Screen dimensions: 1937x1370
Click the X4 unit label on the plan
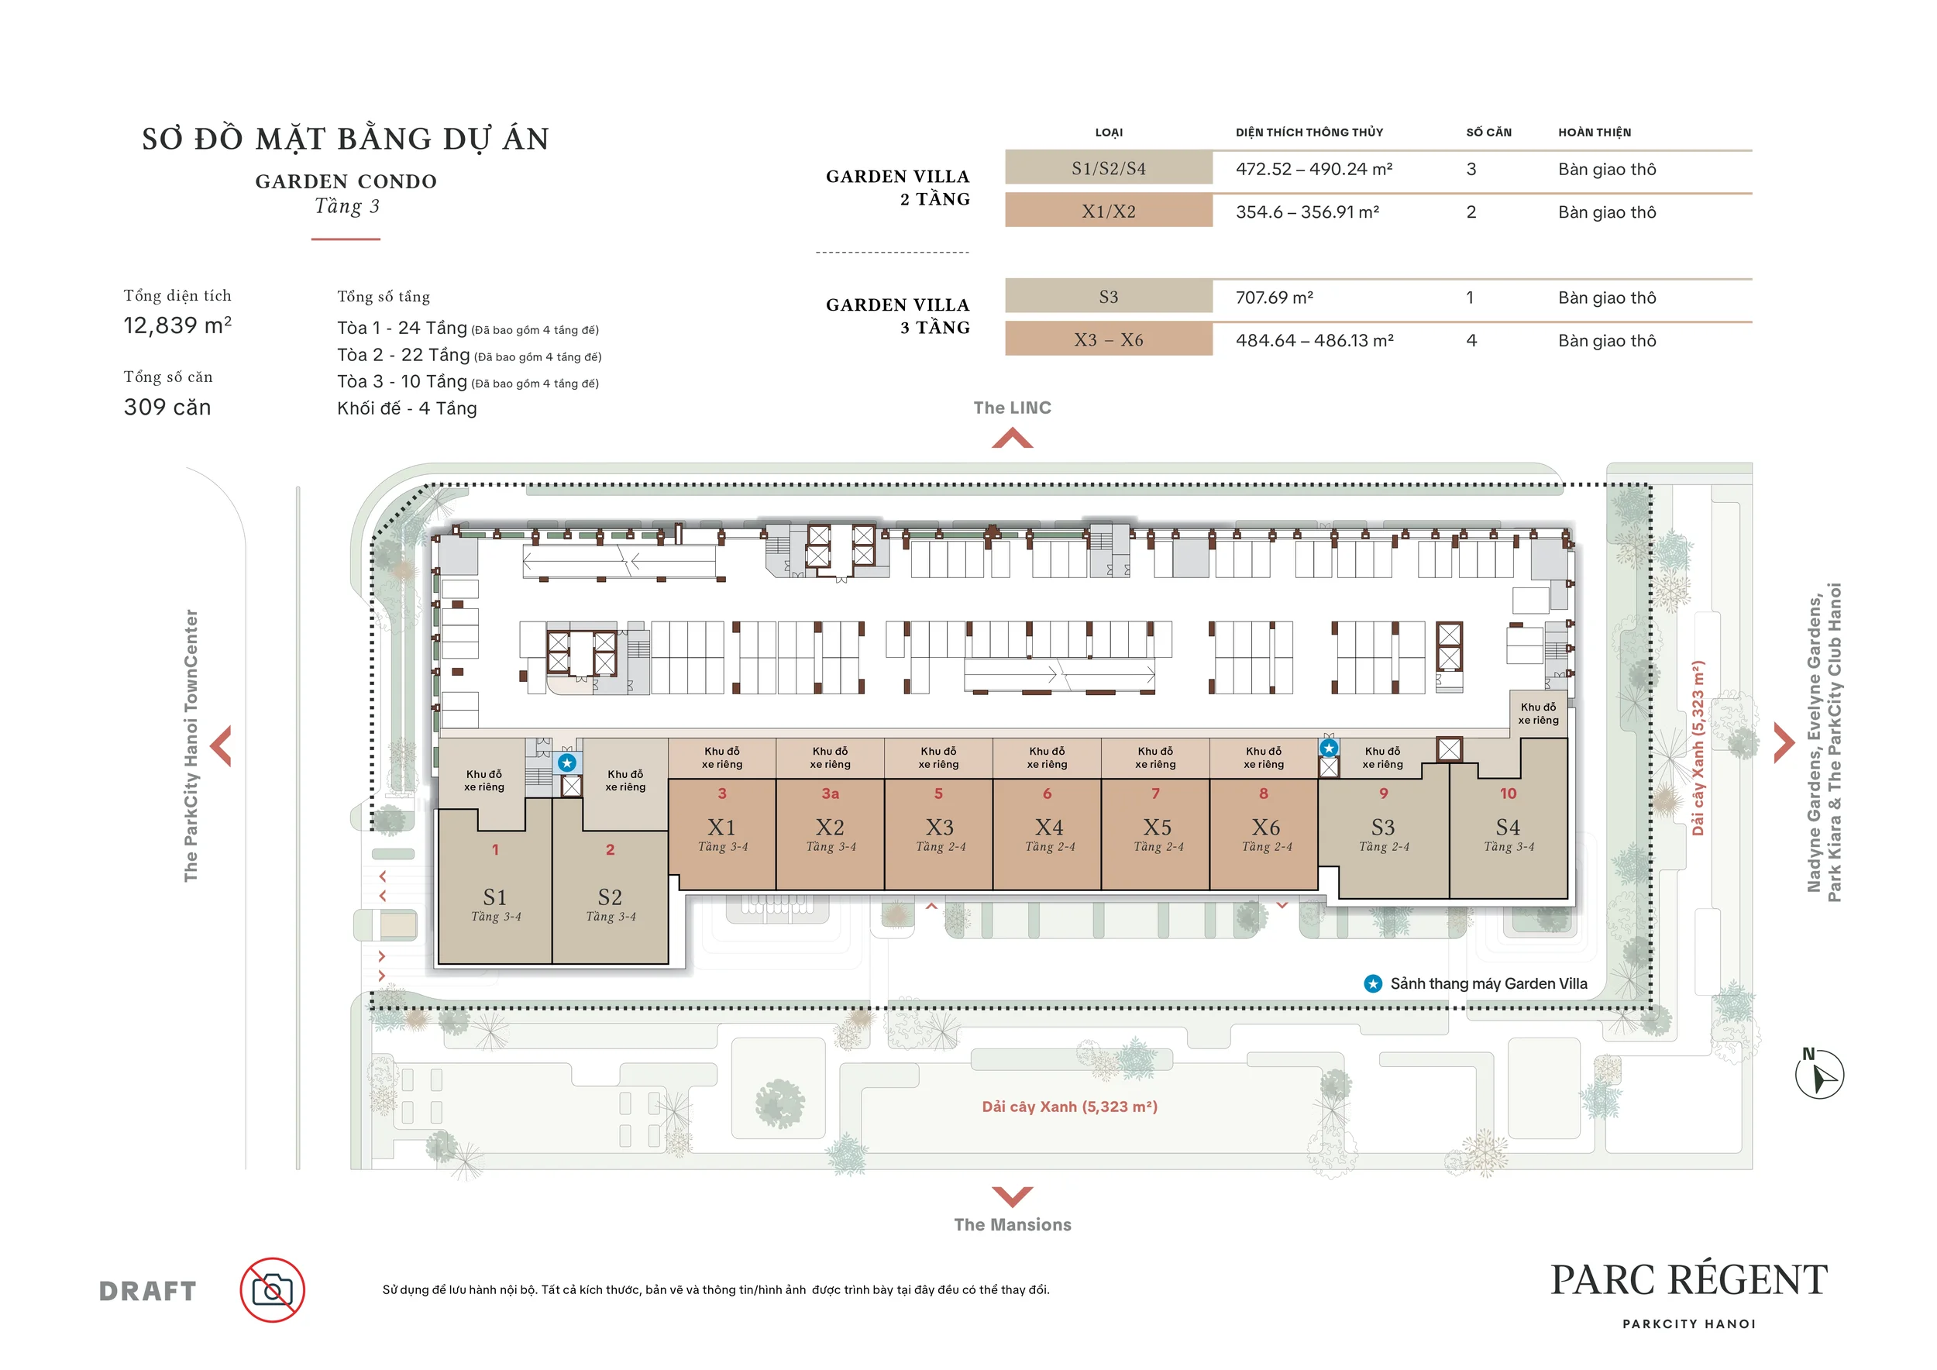(1050, 828)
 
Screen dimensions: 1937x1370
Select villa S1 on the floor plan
(495, 897)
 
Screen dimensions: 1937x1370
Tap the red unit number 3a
(831, 793)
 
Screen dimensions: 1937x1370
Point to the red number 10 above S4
(1509, 793)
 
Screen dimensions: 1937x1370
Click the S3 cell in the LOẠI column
(1109, 297)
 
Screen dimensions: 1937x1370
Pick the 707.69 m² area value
(1274, 298)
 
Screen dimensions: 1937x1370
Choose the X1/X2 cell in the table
(1109, 211)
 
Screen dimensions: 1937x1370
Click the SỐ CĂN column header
(1489, 133)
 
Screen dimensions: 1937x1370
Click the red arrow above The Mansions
(1013, 1196)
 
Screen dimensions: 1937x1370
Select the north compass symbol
(1820, 1073)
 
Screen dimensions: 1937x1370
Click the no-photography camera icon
(273, 1290)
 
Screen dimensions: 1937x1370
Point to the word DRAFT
(148, 1292)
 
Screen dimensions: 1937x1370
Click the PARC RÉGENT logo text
(1689, 1281)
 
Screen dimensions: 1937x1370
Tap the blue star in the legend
(1374, 983)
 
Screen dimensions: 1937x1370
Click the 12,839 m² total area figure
(177, 325)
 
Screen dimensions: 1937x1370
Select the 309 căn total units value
(167, 408)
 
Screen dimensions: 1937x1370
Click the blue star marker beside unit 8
(1330, 749)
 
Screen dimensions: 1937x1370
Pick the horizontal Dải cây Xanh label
(1070, 1107)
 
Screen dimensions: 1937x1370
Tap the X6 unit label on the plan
(1265, 828)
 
